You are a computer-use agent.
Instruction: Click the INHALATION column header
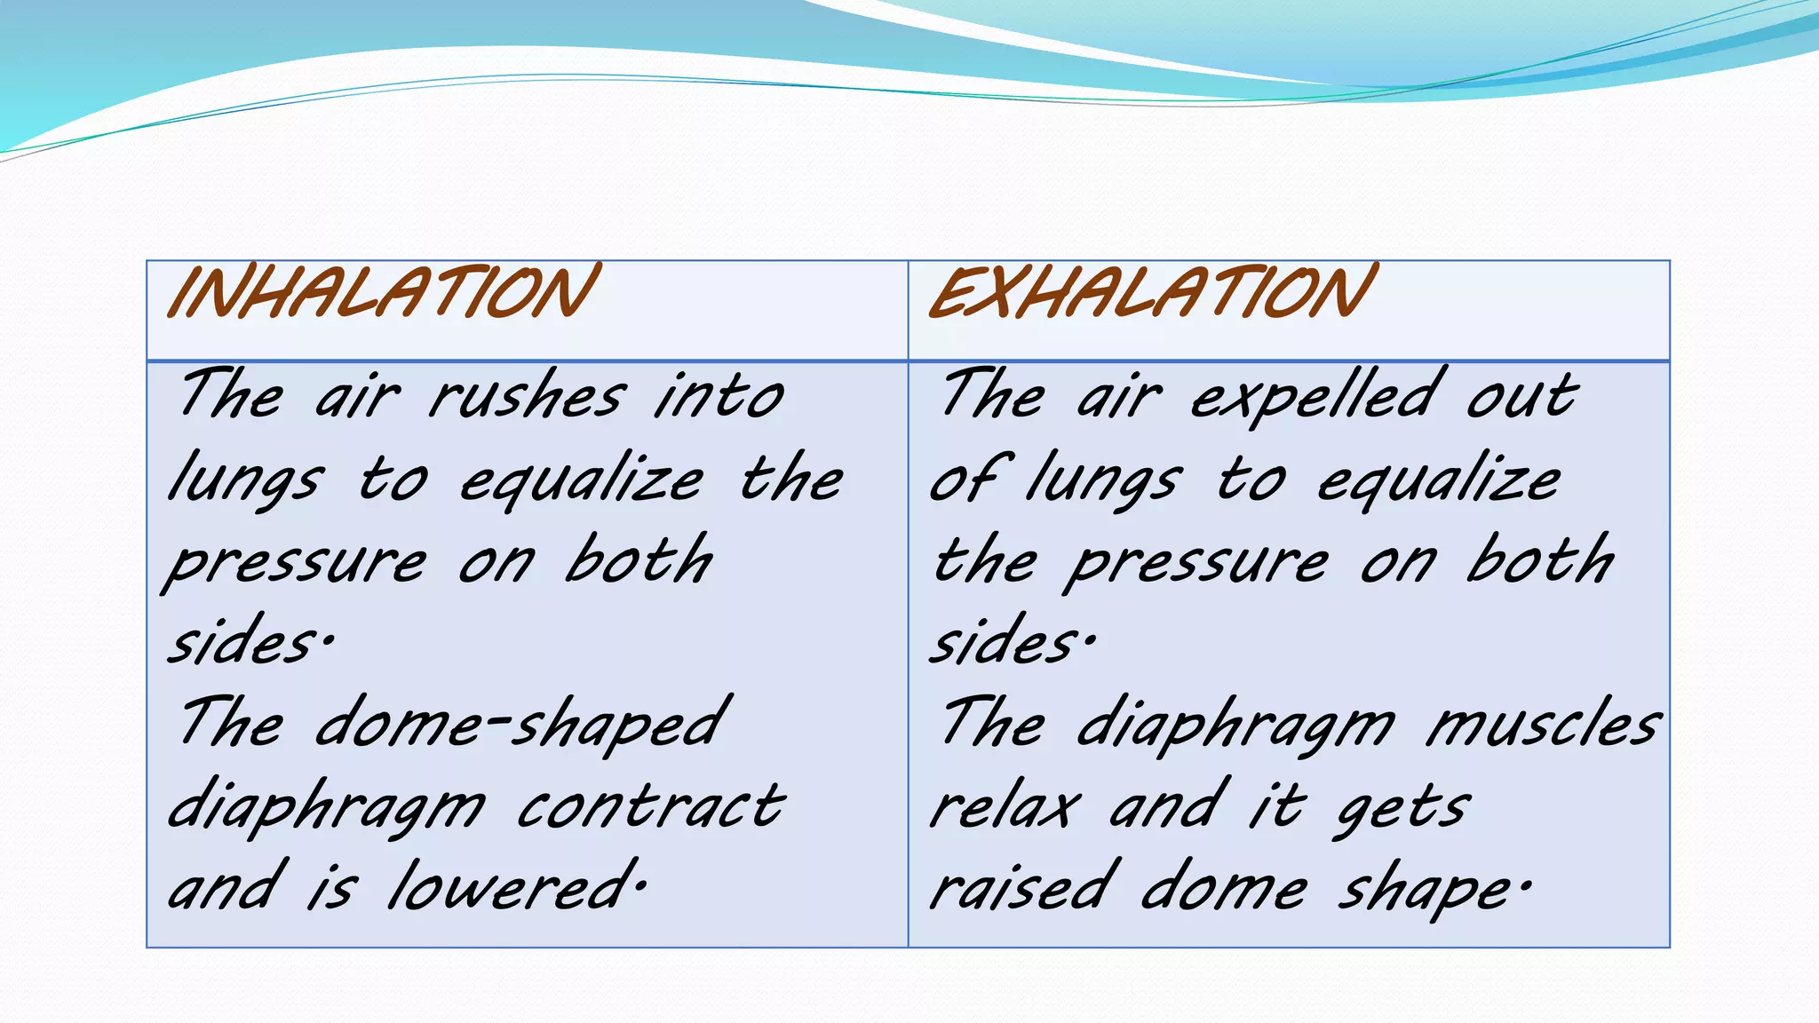382,292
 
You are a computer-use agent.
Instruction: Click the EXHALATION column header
1152,292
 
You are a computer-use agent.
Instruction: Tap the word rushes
528,395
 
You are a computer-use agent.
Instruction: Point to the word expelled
1315,395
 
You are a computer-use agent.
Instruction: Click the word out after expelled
1521,395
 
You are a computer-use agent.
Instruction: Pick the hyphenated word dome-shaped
522,725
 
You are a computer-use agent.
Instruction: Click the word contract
651,806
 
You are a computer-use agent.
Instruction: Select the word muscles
1544,725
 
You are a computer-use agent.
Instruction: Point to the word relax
1005,806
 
